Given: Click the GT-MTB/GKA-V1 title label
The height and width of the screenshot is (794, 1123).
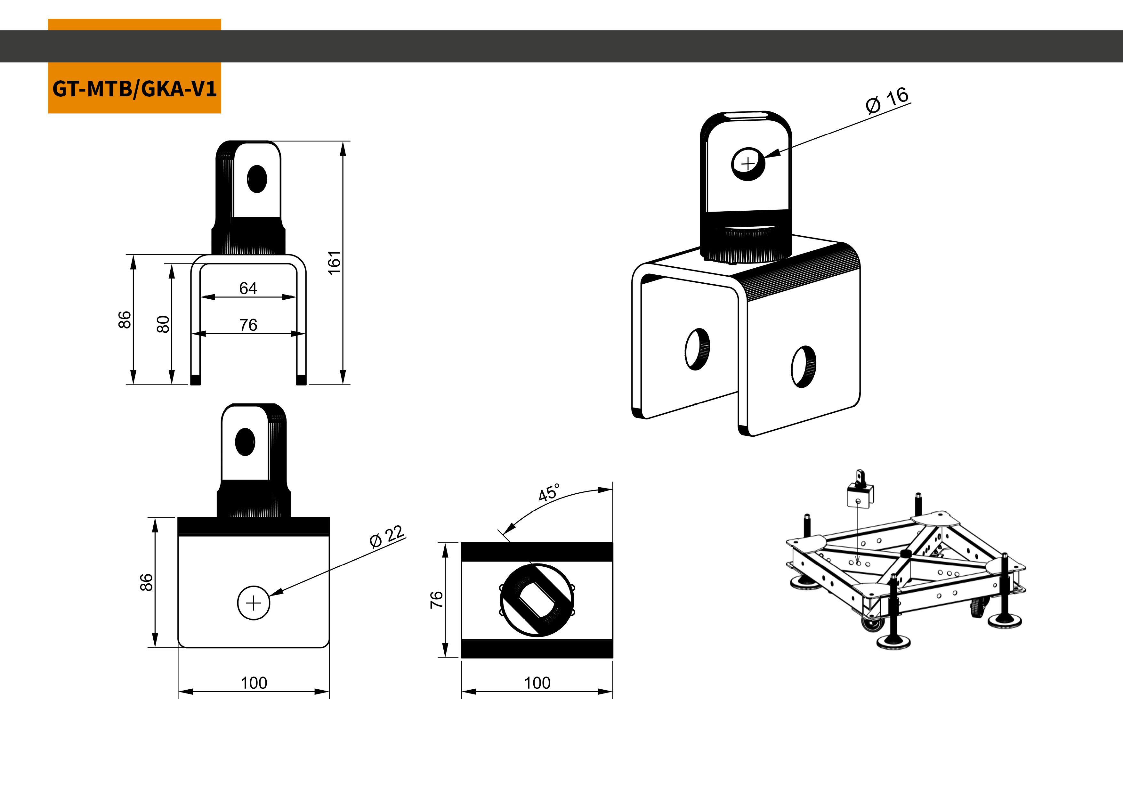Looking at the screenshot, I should tap(134, 89).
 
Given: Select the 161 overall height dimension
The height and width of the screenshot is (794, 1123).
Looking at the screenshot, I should tap(334, 263).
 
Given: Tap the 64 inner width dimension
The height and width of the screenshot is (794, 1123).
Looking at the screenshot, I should tap(248, 288).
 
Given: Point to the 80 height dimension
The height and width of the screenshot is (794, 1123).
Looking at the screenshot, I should tap(163, 324).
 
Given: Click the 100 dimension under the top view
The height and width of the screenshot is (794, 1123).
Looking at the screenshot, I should tap(537, 683).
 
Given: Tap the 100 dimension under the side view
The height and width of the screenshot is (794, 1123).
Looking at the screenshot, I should tap(254, 683).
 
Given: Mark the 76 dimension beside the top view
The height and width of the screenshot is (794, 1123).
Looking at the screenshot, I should tap(436, 599).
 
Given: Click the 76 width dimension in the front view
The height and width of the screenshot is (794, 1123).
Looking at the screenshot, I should tap(248, 325).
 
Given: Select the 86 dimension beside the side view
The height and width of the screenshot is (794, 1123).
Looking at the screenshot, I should tap(146, 582).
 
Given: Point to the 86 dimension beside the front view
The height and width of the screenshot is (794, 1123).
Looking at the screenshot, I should tap(125, 320).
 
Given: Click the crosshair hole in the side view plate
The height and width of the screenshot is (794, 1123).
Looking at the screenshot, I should tap(253, 603).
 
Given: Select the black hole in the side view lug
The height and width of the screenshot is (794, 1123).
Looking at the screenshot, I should tap(245, 442).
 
